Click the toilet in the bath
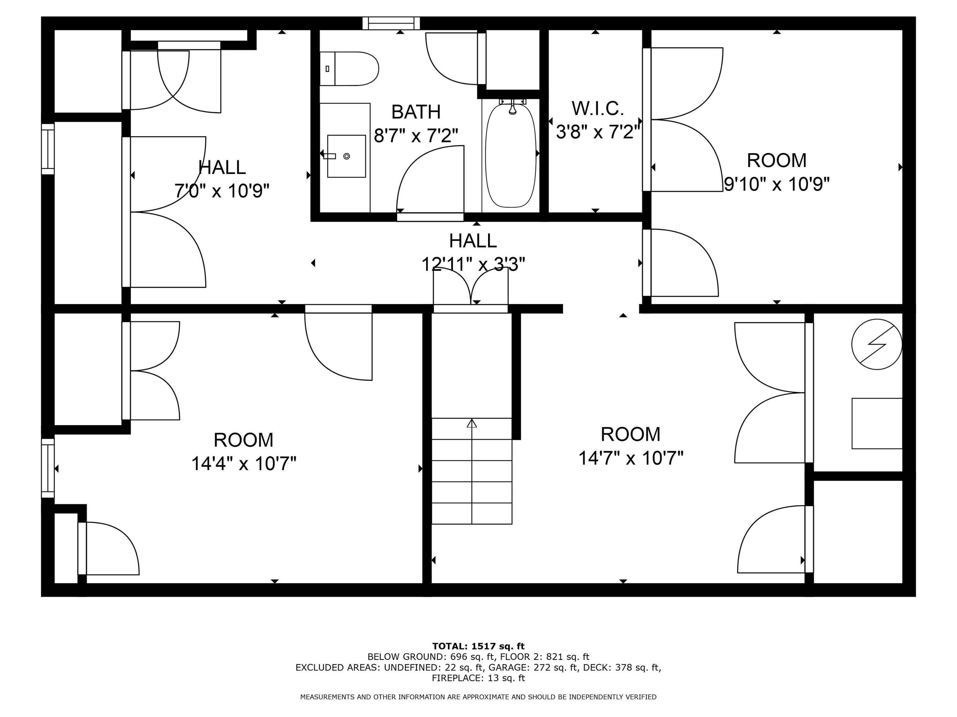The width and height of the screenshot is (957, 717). [x=350, y=69]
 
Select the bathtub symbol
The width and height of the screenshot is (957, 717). [x=510, y=156]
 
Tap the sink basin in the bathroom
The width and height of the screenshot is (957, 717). [x=346, y=156]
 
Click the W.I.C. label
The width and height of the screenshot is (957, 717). [x=597, y=108]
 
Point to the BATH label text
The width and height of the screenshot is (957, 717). [x=416, y=112]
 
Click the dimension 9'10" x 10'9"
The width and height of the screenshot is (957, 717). [x=776, y=185]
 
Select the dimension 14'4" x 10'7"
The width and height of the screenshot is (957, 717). [x=244, y=464]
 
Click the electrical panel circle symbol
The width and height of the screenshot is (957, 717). [x=877, y=344]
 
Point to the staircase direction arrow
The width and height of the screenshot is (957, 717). [x=471, y=424]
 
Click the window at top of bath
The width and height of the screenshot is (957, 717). [x=391, y=23]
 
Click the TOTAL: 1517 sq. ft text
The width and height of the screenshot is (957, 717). [x=478, y=646]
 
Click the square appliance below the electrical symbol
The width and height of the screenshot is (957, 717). [x=877, y=423]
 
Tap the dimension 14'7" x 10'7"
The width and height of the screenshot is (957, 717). [x=630, y=458]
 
